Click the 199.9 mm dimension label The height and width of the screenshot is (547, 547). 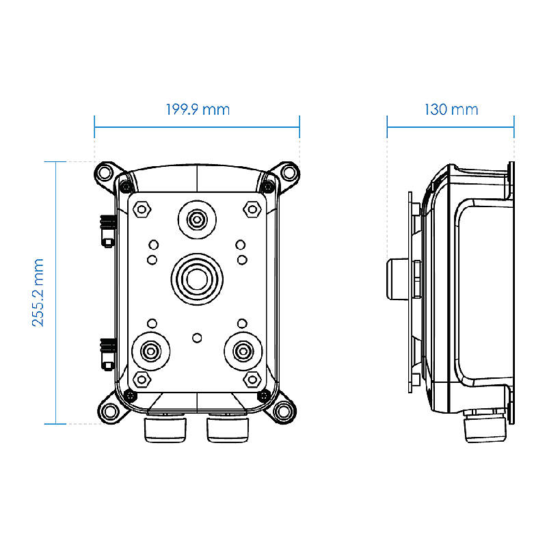click(198, 109)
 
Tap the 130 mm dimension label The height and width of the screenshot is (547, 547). click(451, 109)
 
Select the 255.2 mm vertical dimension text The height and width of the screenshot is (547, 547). click(38, 293)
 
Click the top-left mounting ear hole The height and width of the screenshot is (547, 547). click(105, 172)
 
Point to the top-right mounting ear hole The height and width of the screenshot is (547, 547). click(289, 172)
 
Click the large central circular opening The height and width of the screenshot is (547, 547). click(197, 279)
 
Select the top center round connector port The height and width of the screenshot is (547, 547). click(197, 219)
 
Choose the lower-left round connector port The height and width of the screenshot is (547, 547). click(150, 351)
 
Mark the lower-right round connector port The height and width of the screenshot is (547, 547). click(243, 351)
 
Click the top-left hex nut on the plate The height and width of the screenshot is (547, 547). click(142, 209)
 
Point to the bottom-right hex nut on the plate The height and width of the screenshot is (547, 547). click(252, 379)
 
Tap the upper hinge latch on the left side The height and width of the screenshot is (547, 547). click(108, 231)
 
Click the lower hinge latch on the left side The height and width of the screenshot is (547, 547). click(108, 354)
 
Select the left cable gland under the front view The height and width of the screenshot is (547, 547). click(165, 428)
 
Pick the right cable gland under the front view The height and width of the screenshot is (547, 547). click(228, 428)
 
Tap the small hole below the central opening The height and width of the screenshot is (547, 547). click(197, 338)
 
